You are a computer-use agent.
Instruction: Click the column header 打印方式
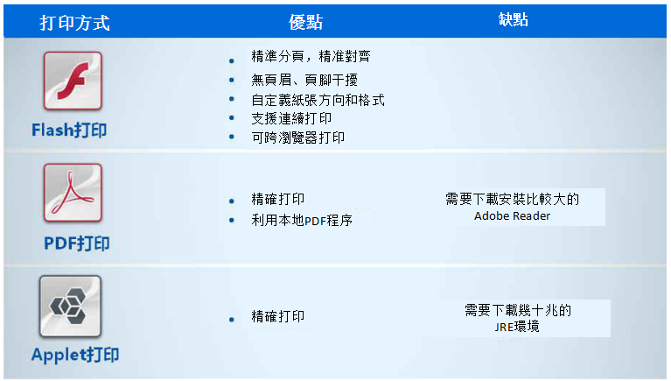tap(75, 23)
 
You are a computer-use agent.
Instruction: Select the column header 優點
tap(305, 22)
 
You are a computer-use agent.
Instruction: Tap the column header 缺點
tap(514, 19)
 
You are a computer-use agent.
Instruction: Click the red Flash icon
tap(73, 81)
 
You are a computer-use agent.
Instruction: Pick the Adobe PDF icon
tap(73, 193)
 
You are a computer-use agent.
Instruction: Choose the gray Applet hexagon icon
tap(71, 306)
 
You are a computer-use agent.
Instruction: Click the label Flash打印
tap(69, 130)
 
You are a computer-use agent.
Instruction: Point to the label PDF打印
tap(77, 243)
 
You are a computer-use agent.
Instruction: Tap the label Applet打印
tap(75, 355)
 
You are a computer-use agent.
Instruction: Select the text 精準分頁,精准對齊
tap(311, 56)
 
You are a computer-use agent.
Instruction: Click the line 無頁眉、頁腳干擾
tap(304, 80)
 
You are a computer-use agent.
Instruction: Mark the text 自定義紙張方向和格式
tap(318, 100)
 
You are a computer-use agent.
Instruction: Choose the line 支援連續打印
tap(291, 118)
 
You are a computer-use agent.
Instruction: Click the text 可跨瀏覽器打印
tap(297, 138)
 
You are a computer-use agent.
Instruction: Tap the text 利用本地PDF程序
tap(302, 220)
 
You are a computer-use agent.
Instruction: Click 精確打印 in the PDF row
tap(277, 199)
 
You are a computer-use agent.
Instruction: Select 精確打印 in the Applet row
tap(277, 316)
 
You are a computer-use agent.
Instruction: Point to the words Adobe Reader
tap(513, 215)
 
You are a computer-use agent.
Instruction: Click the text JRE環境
tap(517, 327)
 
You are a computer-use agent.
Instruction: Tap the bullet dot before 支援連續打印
tap(232, 118)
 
